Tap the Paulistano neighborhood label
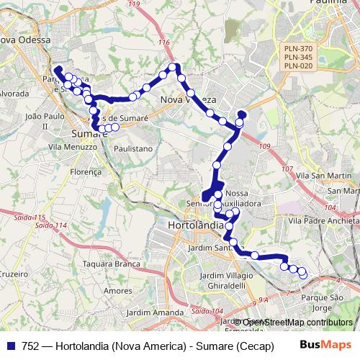pyautogui.click(x=135, y=148)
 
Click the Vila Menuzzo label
pyautogui.click(x=73, y=147)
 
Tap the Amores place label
pyautogui.click(x=116, y=290)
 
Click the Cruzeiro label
pyautogui.click(x=14, y=274)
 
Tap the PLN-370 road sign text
pyautogui.click(x=298, y=48)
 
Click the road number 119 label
pyautogui.click(x=132, y=4)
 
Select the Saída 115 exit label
pyautogui.click(x=29, y=217)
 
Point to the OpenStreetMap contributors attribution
pyautogui.click(x=297, y=323)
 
